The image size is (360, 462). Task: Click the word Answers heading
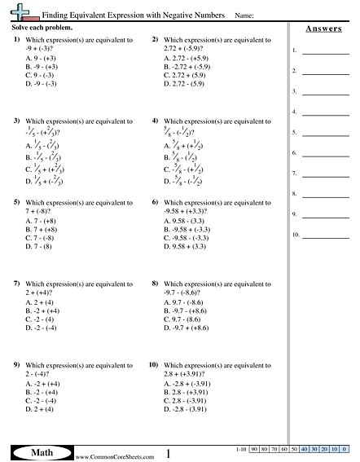(323, 29)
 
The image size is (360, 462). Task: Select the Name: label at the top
(244, 15)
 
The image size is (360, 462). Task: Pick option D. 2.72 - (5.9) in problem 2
(188, 83)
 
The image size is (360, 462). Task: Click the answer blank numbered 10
(324, 236)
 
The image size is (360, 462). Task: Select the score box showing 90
(254, 449)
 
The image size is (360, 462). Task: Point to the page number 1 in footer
(168, 453)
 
